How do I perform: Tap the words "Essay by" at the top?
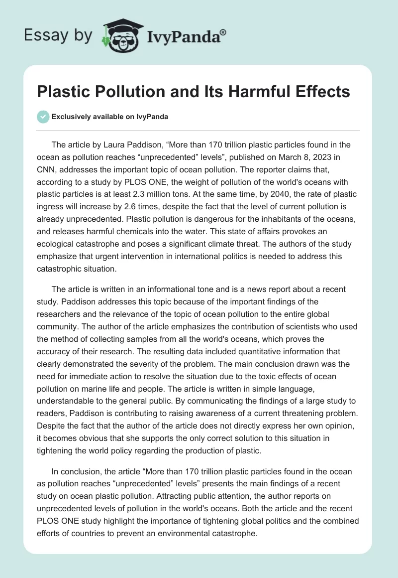[58, 35]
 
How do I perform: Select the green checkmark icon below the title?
[43, 117]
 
